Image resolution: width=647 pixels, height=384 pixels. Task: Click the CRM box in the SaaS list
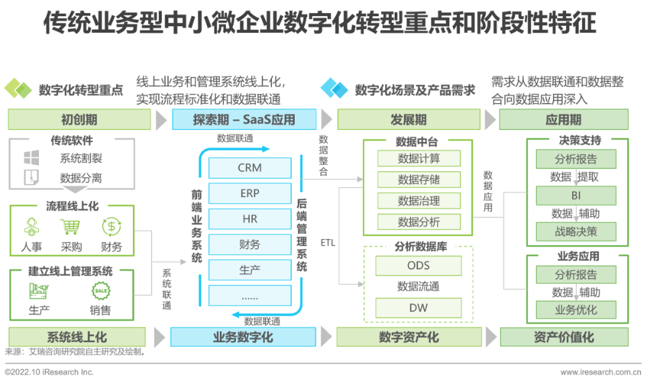249,168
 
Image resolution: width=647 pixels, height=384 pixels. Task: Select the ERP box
249,193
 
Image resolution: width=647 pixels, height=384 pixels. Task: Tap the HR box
249,219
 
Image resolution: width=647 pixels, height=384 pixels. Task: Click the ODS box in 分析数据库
419,265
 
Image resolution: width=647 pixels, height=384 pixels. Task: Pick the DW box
419,308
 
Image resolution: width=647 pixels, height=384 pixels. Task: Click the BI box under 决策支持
576,195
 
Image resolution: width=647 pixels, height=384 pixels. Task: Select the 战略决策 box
576,231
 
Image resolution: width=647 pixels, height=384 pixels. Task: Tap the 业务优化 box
576,310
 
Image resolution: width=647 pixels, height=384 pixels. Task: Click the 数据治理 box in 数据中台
419,201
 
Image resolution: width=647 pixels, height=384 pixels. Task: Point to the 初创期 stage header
79,119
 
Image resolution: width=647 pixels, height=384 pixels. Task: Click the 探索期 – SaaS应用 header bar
244,119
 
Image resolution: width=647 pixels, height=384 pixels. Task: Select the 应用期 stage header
563,119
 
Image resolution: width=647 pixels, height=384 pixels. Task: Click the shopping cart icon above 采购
71,227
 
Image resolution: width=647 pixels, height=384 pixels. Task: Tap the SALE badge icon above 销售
101,291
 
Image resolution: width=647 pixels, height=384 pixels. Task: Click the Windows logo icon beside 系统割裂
31,158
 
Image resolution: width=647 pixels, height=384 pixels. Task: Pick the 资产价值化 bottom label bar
564,337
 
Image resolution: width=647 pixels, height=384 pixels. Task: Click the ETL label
328,243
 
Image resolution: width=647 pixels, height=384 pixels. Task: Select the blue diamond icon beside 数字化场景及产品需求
334,89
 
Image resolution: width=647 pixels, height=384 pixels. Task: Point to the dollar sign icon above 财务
111,227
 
